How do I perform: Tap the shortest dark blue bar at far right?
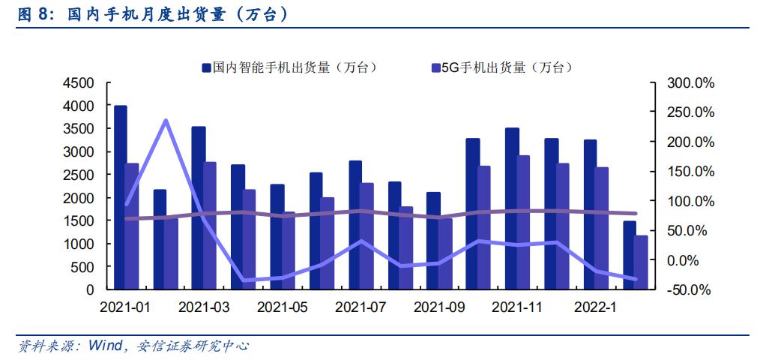point(630,255)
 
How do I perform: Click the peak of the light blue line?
point(165,120)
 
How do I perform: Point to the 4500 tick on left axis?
point(79,82)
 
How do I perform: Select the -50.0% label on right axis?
point(689,290)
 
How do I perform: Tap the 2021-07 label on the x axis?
point(359,307)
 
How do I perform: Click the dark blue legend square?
point(205,67)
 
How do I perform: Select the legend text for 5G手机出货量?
point(506,67)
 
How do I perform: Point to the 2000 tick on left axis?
point(79,198)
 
